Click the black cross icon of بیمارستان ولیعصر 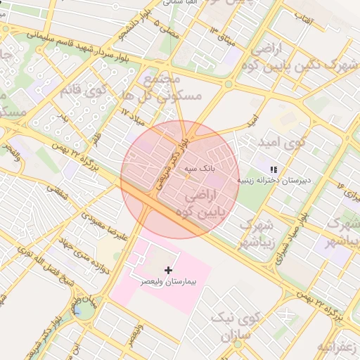(x=168, y=270)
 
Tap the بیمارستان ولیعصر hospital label (x=168, y=281)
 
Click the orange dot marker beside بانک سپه (x=187, y=176)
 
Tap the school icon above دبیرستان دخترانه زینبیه (x=274, y=169)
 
